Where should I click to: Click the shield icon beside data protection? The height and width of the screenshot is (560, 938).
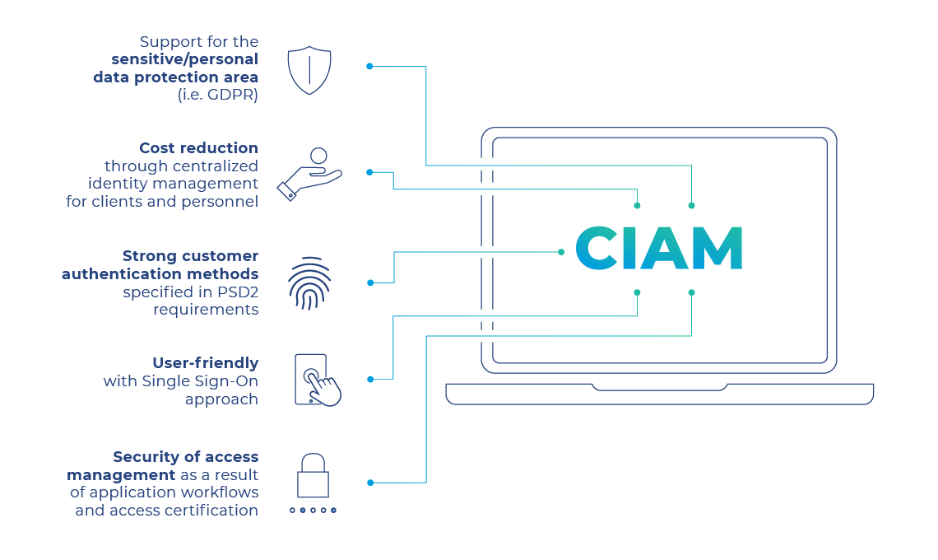pos(309,70)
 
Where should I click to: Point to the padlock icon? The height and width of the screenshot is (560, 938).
pos(313,476)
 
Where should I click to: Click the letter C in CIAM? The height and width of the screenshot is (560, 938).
pos(597,247)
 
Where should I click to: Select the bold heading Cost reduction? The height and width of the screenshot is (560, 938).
pos(198,148)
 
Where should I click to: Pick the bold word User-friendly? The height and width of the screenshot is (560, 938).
pos(206,363)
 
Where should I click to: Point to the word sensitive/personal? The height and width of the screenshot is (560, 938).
pos(185,59)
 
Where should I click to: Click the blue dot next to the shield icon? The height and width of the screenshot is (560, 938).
pos(369,66)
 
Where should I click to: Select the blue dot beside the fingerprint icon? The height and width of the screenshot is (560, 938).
pos(370,282)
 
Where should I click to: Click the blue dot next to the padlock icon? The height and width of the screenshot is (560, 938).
pos(370,483)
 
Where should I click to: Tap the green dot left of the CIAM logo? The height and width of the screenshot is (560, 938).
pos(561,252)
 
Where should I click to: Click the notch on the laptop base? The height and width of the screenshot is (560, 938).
pos(659,387)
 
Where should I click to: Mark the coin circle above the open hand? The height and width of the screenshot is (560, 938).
pos(318,155)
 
